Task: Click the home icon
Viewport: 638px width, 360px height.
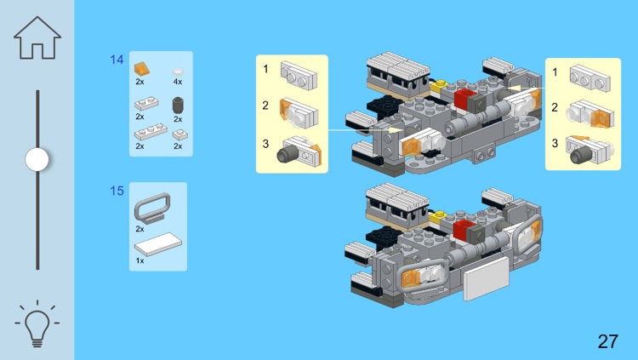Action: click(x=37, y=38)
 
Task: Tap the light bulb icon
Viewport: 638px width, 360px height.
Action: click(x=37, y=324)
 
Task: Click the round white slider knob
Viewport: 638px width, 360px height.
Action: click(x=37, y=160)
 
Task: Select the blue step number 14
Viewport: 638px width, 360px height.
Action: click(x=117, y=60)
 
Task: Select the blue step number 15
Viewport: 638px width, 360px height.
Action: click(x=117, y=191)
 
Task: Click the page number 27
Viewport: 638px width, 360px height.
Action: click(x=608, y=341)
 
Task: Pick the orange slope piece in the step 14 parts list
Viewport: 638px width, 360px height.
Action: click(x=141, y=68)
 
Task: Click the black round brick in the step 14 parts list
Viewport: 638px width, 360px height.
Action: click(x=178, y=105)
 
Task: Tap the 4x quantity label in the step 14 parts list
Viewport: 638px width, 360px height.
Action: click(x=178, y=82)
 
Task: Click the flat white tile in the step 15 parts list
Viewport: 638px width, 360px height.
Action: click(x=158, y=244)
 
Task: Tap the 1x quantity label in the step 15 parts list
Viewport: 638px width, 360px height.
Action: click(x=140, y=260)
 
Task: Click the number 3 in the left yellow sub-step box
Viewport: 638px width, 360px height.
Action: click(x=265, y=144)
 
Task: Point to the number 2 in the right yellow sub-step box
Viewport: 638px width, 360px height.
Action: click(x=555, y=107)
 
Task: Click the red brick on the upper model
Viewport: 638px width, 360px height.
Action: click(x=462, y=99)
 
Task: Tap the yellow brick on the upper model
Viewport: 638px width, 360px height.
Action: click(x=439, y=87)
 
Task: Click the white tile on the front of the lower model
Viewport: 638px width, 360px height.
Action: click(x=487, y=278)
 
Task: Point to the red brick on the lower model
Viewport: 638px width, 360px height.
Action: click(x=462, y=229)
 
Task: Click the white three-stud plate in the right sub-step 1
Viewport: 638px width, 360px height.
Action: click(x=590, y=78)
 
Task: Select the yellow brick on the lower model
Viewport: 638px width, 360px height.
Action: click(x=439, y=217)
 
